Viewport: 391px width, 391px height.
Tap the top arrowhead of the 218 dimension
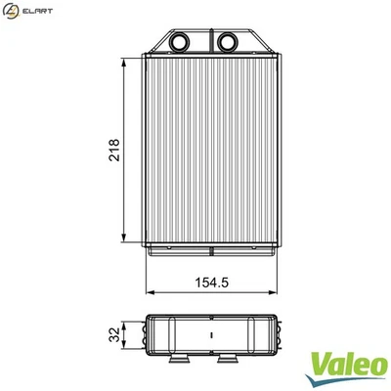[125, 61]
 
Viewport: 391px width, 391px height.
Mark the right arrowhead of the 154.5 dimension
[275, 291]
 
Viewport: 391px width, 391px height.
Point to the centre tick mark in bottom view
[212, 334]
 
